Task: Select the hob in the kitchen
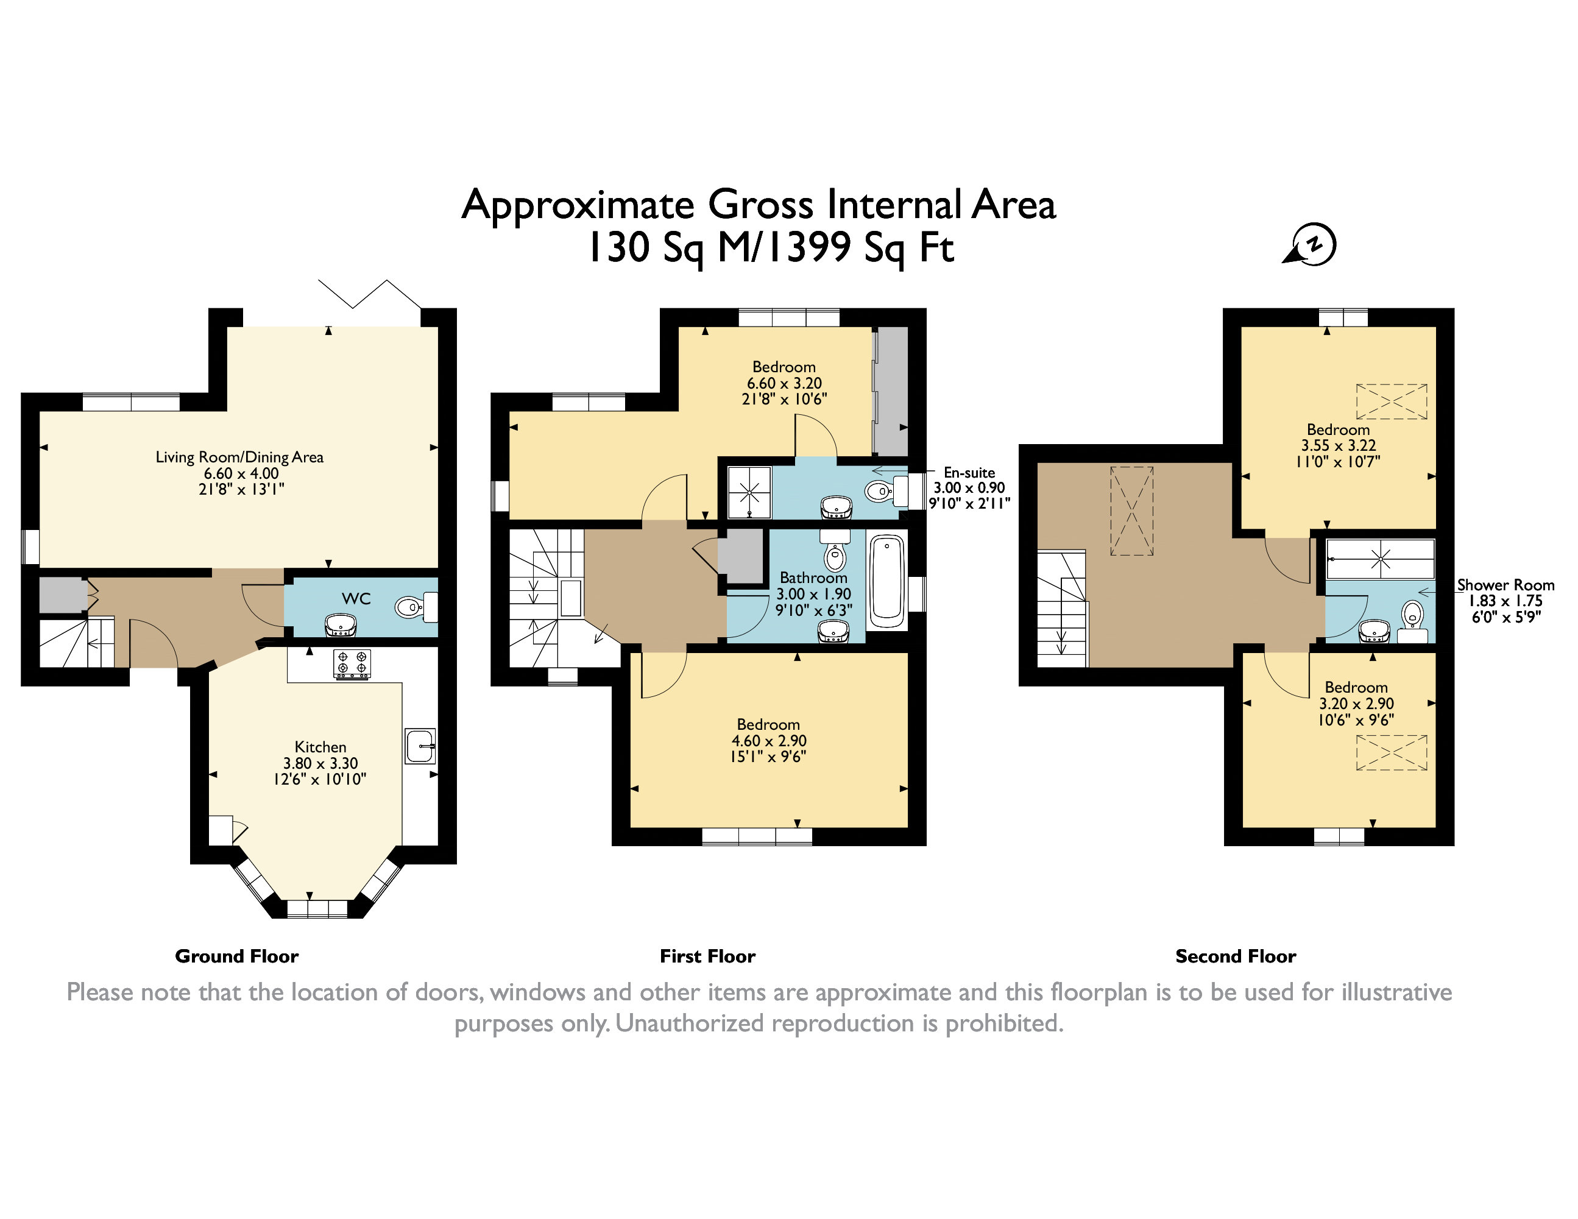pyautogui.click(x=353, y=663)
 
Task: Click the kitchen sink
pyautogui.click(x=420, y=746)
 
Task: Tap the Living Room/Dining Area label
pyautogui.click(x=239, y=457)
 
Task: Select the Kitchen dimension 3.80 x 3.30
pyautogui.click(x=320, y=763)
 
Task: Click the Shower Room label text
pyautogui.click(x=1505, y=585)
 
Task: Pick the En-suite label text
pyautogui.click(x=969, y=473)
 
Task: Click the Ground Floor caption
pyautogui.click(x=236, y=956)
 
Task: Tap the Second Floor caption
pyautogui.click(x=1236, y=956)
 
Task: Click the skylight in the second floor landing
pyautogui.click(x=1131, y=511)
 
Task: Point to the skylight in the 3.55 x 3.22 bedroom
pyautogui.click(x=1392, y=401)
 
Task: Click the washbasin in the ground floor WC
pyautogui.click(x=341, y=625)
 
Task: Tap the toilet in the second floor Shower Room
pyautogui.click(x=1412, y=616)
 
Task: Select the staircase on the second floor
pyautogui.click(x=1062, y=609)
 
